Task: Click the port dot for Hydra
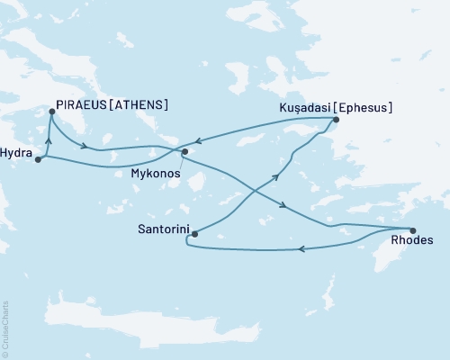pos(38,160)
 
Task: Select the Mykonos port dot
pos(184,152)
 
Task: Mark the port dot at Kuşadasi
pos(336,120)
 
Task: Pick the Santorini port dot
pos(194,233)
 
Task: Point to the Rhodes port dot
pos(413,229)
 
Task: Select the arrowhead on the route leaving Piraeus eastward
pos(84,146)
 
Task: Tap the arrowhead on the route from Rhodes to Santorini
pos(301,248)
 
